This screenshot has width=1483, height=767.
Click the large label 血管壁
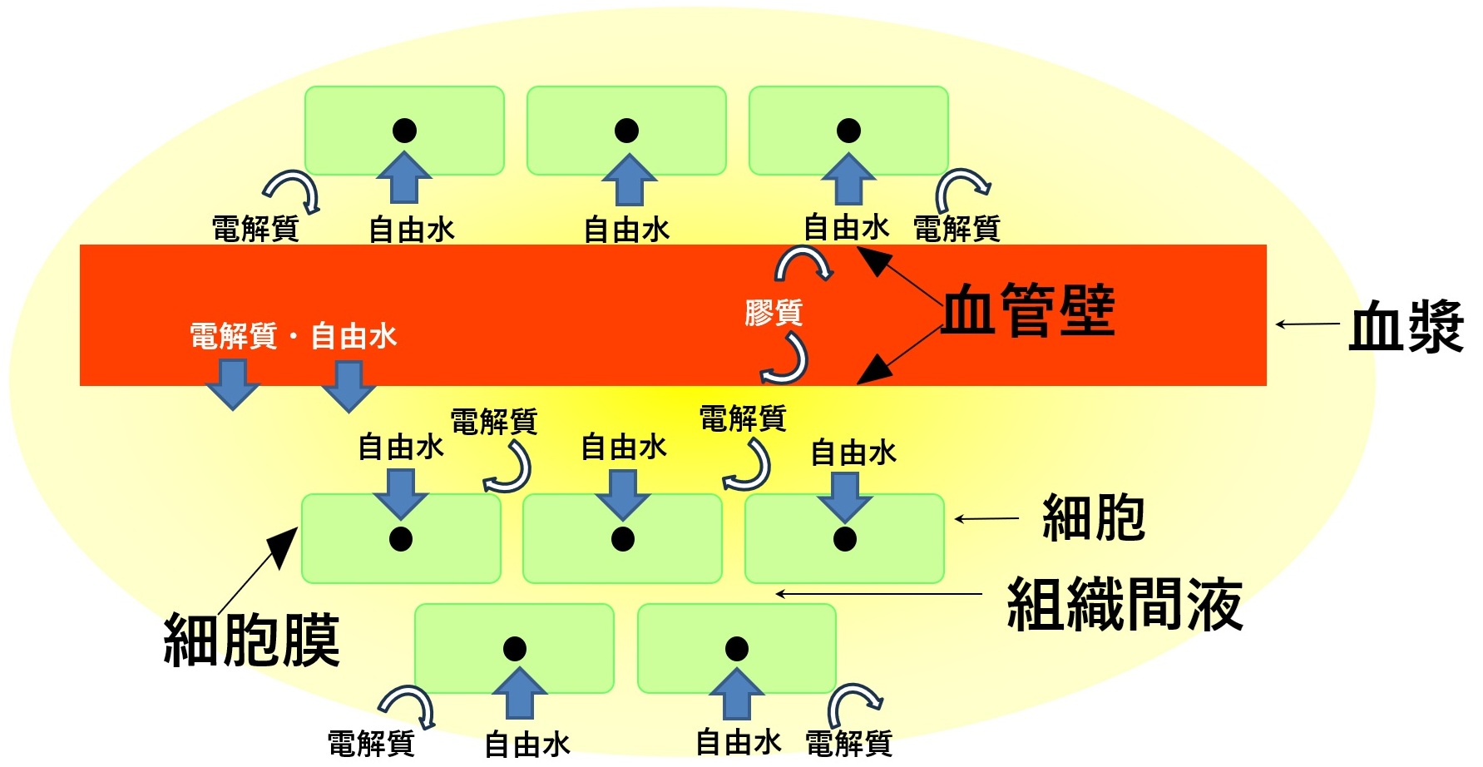coord(1028,311)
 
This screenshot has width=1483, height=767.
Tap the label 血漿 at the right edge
coord(1406,327)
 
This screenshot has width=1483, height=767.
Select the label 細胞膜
coord(252,641)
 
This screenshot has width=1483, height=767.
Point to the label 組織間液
coord(1125,605)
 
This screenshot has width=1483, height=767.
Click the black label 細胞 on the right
coord(1094,518)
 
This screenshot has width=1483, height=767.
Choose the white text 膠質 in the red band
coord(774,313)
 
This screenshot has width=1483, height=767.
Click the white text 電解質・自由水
coord(293,336)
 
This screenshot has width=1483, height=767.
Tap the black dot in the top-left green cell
coord(404,131)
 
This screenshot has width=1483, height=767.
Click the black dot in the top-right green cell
coord(848,131)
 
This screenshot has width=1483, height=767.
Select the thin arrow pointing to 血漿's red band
coord(1308,324)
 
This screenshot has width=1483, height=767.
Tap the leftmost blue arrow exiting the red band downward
coord(232,384)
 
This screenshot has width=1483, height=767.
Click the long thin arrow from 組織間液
coord(878,594)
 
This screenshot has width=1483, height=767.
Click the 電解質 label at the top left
coord(255,228)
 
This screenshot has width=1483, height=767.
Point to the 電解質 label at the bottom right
coord(848,743)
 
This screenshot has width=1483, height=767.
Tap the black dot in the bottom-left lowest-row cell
coord(515,649)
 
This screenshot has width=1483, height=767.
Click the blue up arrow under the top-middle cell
coord(629,181)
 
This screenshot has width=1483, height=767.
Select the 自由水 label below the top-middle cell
coord(626,230)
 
